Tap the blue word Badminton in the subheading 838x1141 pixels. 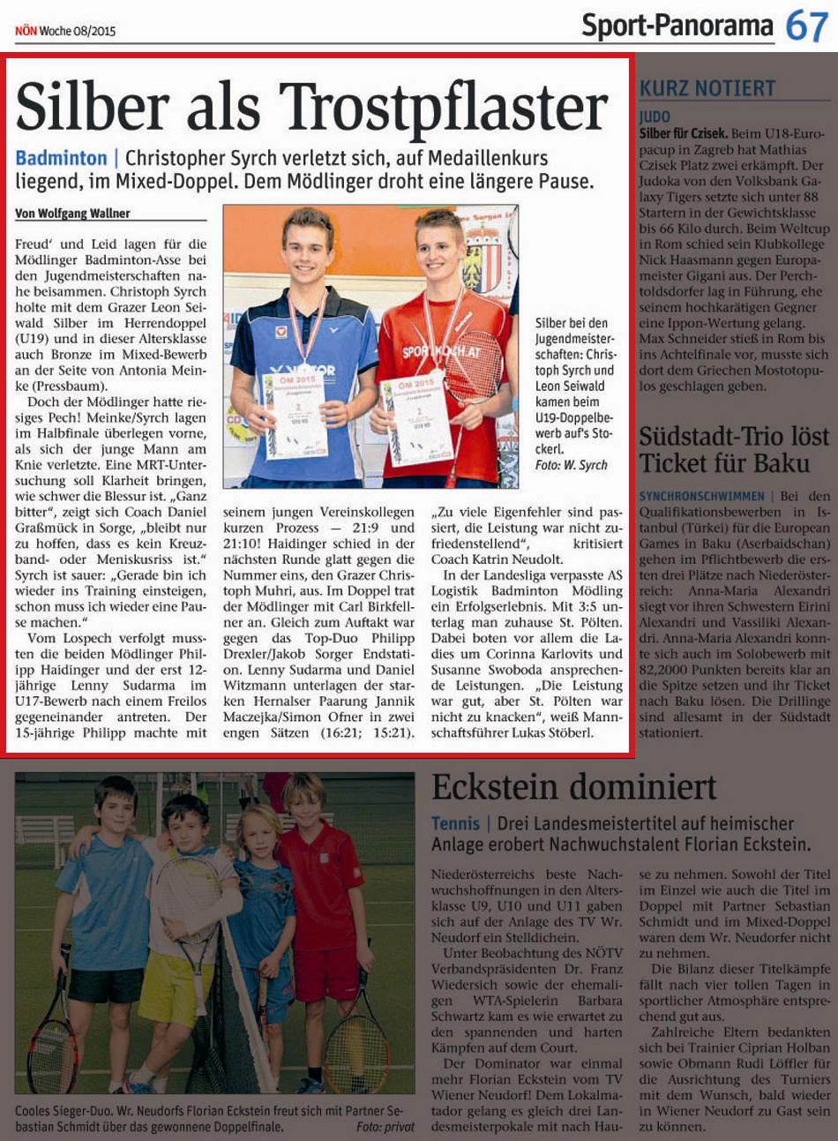pyautogui.click(x=61, y=159)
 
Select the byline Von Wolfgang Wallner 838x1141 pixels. pyautogui.click(x=72, y=214)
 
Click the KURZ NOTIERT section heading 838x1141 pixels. pyautogui.click(x=707, y=88)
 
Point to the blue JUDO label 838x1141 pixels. pyautogui.click(x=655, y=116)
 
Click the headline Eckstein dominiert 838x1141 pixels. pyautogui.click(x=573, y=785)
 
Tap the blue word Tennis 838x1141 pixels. pyautogui.click(x=455, y=823)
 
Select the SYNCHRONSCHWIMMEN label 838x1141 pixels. pyautogui.click(x=701, y=497)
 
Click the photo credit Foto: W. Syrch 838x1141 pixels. pyautogui.click(x=571, y=465)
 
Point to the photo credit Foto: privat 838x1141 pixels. pyautogui.click(x=385, y=1127)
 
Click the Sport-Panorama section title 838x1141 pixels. pyautogui.click(x=677, y=26)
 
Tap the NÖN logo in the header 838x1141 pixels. pyautogui.click(x=25, y=31)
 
